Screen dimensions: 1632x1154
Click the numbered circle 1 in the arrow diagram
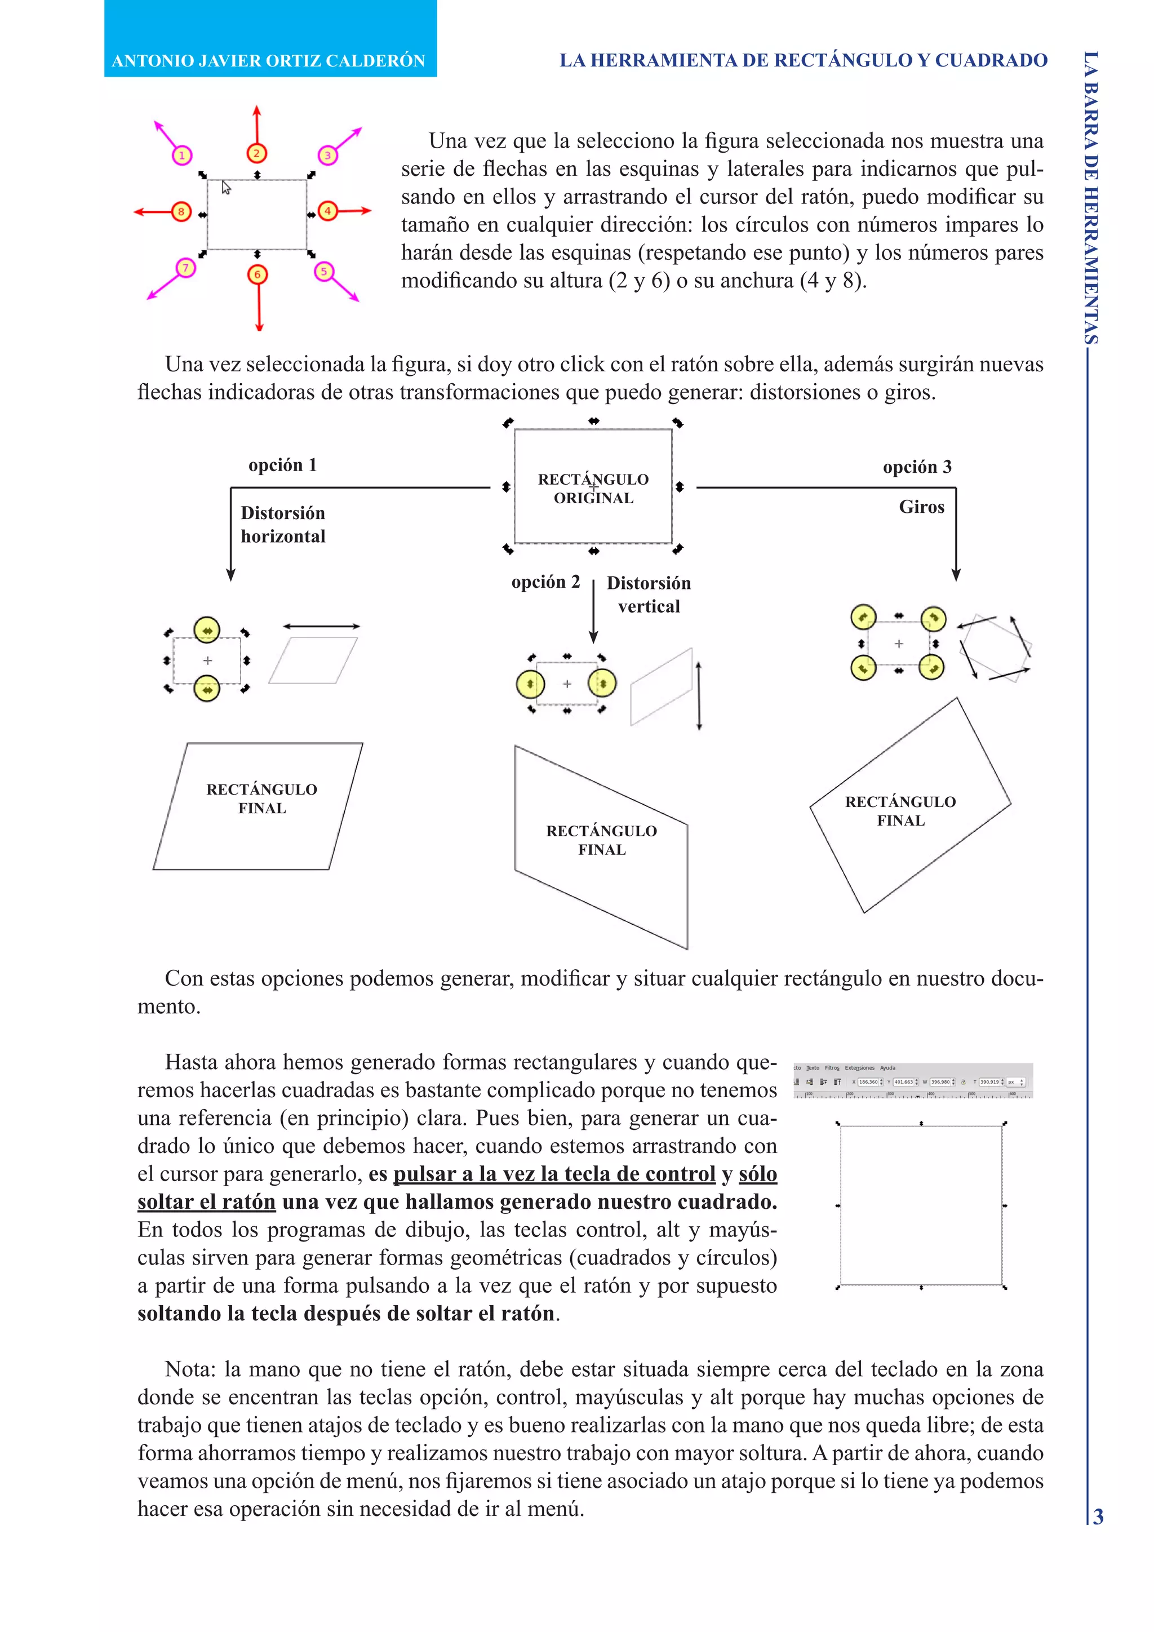click(x=182, y=156)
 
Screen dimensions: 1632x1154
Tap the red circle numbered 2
click(x=256, y=153)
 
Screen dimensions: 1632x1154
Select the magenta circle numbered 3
click(x=327, y=155)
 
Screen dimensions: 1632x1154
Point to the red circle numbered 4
click(x=327, y=211)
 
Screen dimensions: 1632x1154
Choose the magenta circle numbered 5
click(x=324, y=272)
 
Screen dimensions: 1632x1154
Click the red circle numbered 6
click(x=258, y=274)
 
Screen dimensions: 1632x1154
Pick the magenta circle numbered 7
click(x=185, y=268)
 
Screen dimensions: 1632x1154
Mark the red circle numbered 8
click(x=181, y=212)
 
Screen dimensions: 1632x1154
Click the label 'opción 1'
click(x=282, y=465)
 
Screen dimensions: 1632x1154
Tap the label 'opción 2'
click(x=545, y=582)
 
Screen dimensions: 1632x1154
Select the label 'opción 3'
click(x=917, y=467)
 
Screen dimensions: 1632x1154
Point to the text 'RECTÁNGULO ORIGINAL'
click(x=593, y=489)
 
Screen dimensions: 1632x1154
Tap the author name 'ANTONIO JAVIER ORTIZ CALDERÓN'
click(x=269, y=60)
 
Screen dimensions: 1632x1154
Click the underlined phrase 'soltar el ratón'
click(x=206, y=1201)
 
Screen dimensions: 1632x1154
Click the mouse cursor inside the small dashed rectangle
click(x=226, y=188)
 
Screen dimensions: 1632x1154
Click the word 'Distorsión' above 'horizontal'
click(x=283, y=513)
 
